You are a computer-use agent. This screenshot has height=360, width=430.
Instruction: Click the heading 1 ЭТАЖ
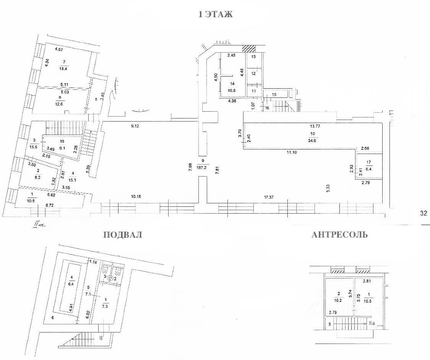click(215, 15)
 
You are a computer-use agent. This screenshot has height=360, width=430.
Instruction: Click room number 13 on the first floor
click(253, 57)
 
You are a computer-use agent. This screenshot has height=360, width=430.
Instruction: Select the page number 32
click(423, 213)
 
